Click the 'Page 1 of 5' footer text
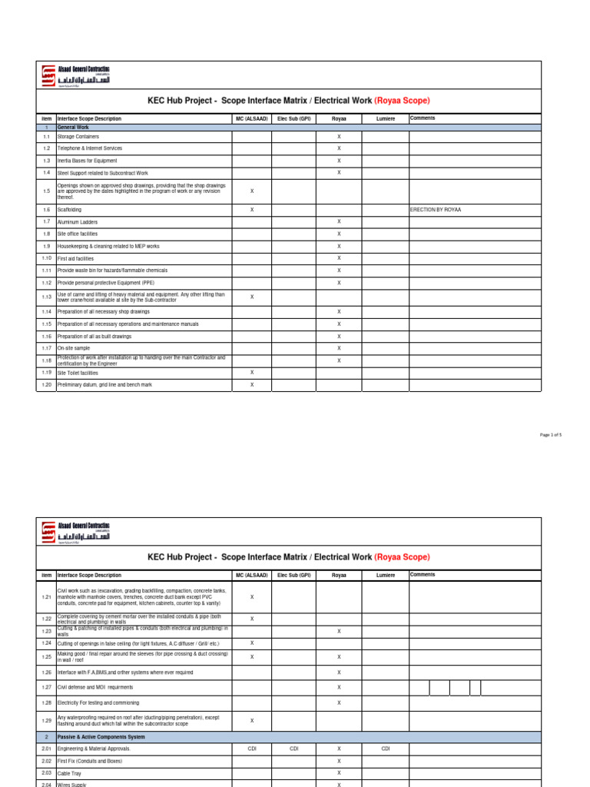(x=551, y=435)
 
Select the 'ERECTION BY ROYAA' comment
(x=436, y=209)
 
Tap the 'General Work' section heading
(x=73, y=127)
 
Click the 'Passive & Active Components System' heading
(x=101, y=736)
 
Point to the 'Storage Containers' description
(x=78, y=136)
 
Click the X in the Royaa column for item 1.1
(x=339, y=136)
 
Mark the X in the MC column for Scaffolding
(x=252, y=209)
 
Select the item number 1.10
(x=46, y=258)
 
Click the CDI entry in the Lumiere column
(x=386, y=748)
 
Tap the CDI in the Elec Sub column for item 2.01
(x=293, y=748)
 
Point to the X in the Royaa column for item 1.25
(x=339, y=657)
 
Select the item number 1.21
(x=46, y=596)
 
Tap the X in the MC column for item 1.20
(x=252, y=384)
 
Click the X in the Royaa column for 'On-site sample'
(x=339, y=348)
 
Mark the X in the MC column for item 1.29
(x=252, y=720)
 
